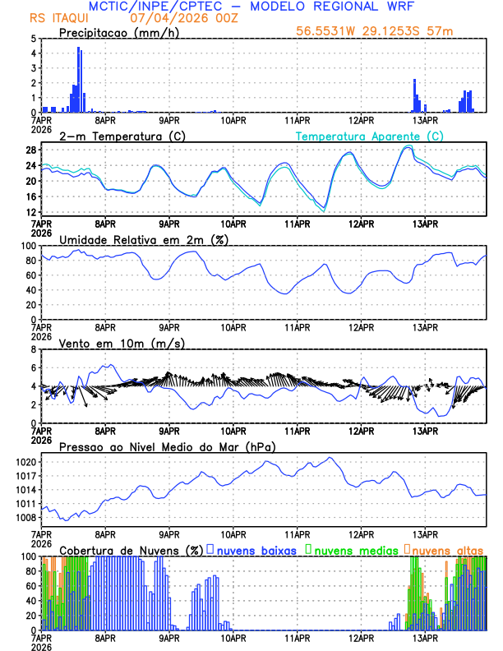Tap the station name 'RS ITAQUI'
pyautogui.click(x=55, y=18)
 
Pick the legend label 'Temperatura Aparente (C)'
pyautogui.click(x=369, y=136)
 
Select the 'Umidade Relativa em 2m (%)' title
pyautogui.click(x=143, y=239)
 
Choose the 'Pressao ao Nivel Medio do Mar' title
pyautogui.click(x=167, y=446)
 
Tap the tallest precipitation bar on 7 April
pyautogui.click(x=79, y=49)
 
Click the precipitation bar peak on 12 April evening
pyautogui.click(x=414, y=81)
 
